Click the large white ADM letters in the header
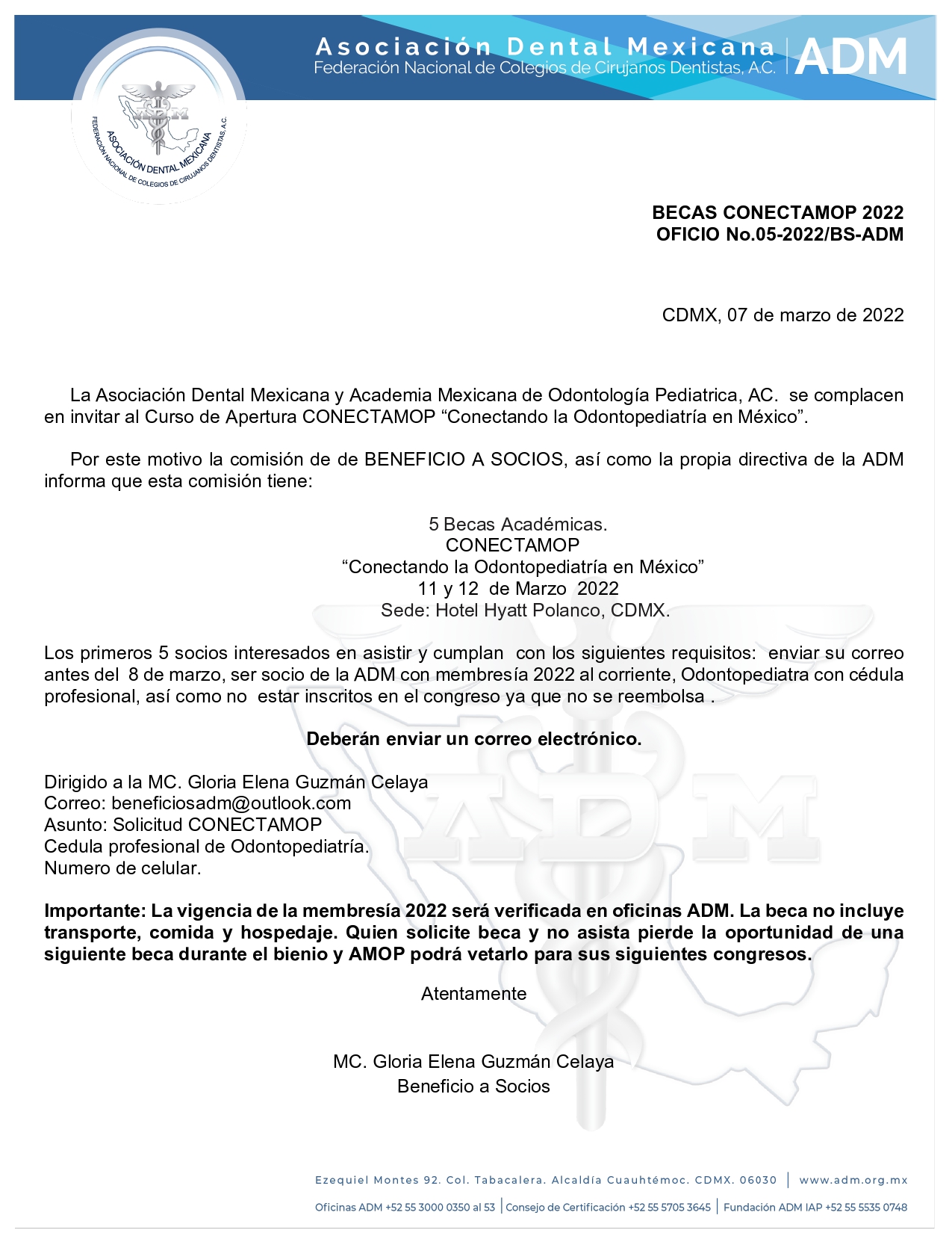(x=851, y=58)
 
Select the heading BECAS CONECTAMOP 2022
(x=777, y=213)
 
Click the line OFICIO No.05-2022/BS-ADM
(x=780, y=235)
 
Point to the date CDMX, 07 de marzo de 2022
(x=783, y=315)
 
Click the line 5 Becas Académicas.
(x=517, y=525)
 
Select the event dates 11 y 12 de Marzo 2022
(x=517, y=589)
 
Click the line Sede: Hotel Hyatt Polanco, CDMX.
(x=525, y=611)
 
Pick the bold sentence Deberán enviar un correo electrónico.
(x=474, y=740)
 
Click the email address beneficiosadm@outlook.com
(x=231, y=803)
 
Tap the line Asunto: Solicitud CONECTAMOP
(x=183, y=825)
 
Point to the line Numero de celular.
(x=122, y=868)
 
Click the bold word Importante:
(x=95, y=912)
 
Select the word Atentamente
(x=474, y=994)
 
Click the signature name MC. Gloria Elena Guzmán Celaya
(x=473, y=1062)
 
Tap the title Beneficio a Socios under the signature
(x=473, y=1087)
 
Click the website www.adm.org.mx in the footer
(x=853, y=1181)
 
